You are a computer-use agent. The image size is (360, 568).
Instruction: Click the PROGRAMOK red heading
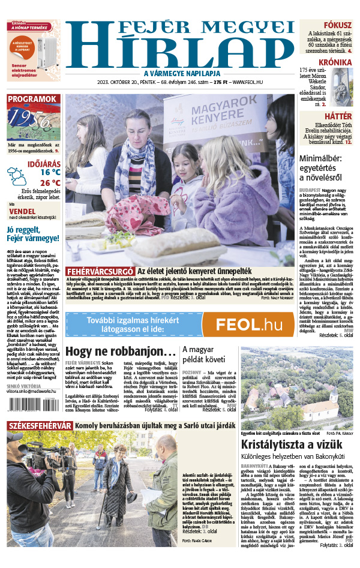[33, 99]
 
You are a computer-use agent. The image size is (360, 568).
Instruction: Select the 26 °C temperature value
[50, 183]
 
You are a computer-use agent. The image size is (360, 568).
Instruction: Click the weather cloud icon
[17, 176]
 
